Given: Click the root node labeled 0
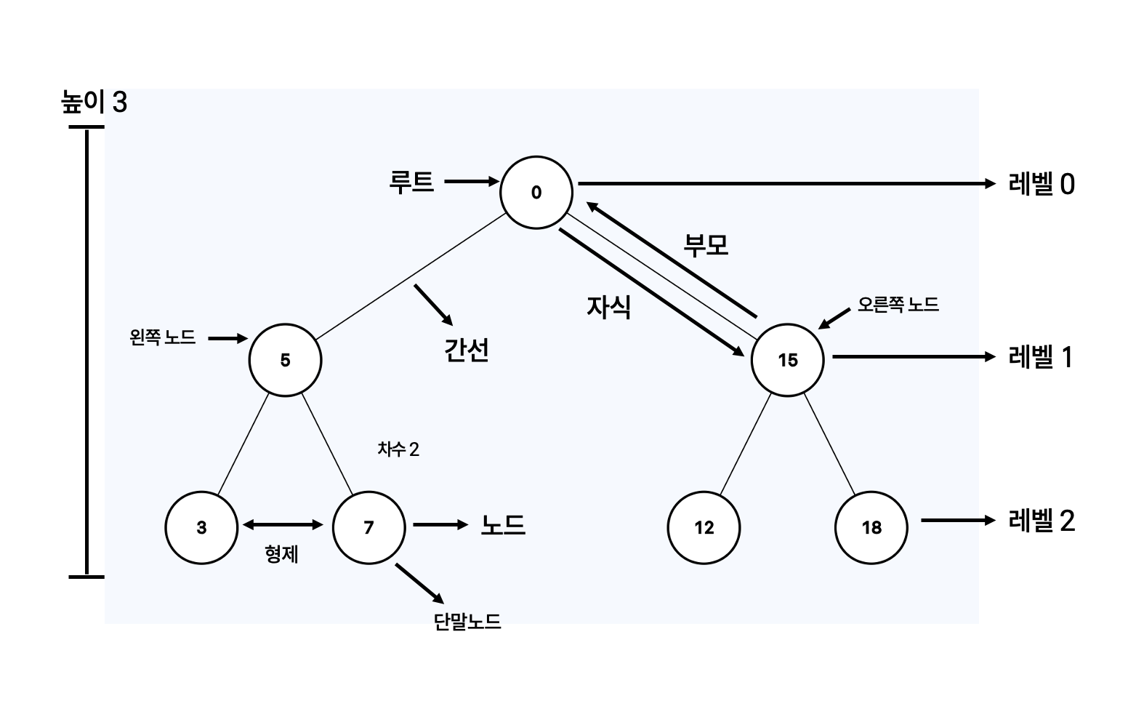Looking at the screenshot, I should click(536, 192).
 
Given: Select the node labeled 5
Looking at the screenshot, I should click(285, 360).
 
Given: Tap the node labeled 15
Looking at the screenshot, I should click(787, 360).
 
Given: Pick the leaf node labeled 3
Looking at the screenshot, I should click(201, 527).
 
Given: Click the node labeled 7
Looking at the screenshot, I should click(368, 527).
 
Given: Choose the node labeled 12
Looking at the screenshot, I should click(704, 527).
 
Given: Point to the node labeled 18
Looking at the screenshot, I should click(871, 527).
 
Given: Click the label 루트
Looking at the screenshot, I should click(411, 182).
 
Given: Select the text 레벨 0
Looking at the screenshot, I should click(1041, 184).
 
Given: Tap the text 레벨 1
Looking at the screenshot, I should click(1040, 357).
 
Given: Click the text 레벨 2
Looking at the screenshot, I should click(1041, 521).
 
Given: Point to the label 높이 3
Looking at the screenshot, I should click(94, 103).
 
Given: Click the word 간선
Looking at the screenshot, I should click(466, 351).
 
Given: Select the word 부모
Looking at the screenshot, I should click(705, 245).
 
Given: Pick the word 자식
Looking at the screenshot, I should click(608, 307).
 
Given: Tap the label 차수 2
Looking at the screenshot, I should click(398, 449).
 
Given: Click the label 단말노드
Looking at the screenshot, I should click(467, 622).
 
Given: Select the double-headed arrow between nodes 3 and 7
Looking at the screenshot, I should click(283, 524).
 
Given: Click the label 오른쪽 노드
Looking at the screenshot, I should click(898, 305).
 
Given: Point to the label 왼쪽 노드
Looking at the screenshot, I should click(163, 337).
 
